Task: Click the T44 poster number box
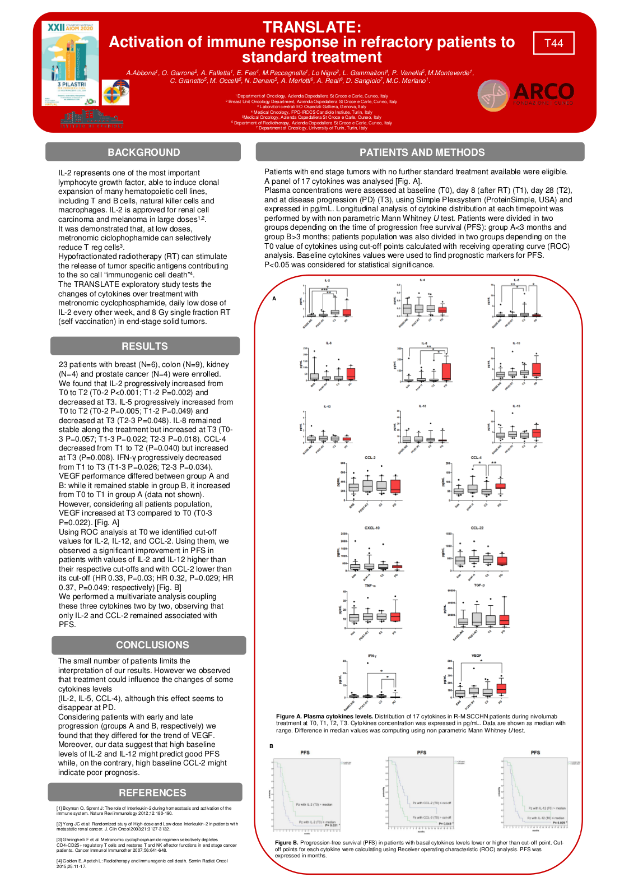[553, 43]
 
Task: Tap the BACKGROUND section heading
[143, 152]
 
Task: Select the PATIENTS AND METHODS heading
[421, 152]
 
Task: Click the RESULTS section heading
[145, 346]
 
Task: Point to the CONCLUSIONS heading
[152, 645]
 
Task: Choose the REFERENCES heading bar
[152, 793]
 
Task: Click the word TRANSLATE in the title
[312, 27]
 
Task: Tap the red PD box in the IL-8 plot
[446, 372]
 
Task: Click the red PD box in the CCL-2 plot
[395, 486]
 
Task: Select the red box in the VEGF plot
[501, 689]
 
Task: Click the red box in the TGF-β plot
[504, 620]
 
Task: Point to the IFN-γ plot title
[372, 656]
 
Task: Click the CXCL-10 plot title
[372, 528]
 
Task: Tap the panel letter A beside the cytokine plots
[274, 299]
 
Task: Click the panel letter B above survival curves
[271, 746]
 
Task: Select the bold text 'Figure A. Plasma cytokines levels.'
[324, 716]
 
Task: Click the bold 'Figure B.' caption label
[286, 842]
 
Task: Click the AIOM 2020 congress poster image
[70, 63]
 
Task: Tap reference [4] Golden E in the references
[142, 864]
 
